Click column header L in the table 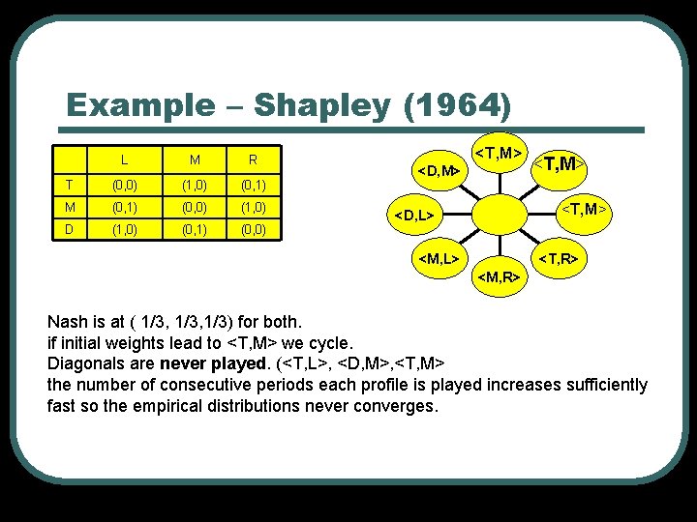pos(125,159)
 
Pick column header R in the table pos(252,159)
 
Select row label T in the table pos(67,184)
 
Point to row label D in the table pos(67,230)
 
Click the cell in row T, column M pos(194,184)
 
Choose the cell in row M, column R pos(252,207)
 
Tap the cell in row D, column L pos(125,230)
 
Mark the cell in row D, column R pos(252,230)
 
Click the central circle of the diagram pos(499,213)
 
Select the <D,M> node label pos(438,171)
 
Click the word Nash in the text pos(68,320)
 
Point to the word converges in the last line pos(397,405)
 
